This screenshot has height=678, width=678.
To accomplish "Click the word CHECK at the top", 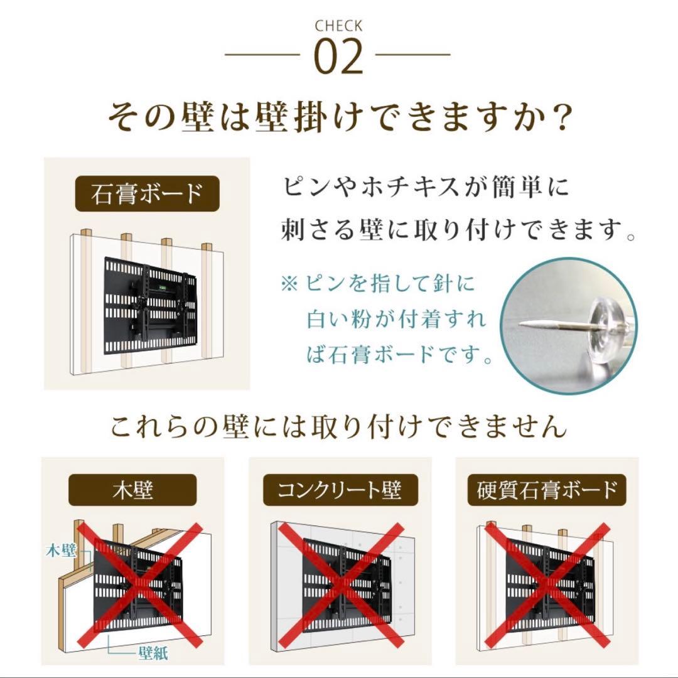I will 338,26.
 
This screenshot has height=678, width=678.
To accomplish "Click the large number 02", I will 338,58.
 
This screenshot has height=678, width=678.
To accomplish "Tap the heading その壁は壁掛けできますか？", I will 338,117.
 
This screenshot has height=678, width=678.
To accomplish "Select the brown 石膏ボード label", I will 147,194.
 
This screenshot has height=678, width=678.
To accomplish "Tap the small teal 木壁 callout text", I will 61,551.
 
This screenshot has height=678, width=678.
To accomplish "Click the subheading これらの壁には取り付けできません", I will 338,428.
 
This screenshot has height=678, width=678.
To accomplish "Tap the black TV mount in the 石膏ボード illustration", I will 151,301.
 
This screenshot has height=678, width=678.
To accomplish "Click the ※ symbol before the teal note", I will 289,283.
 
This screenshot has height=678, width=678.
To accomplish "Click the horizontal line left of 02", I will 262,55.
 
